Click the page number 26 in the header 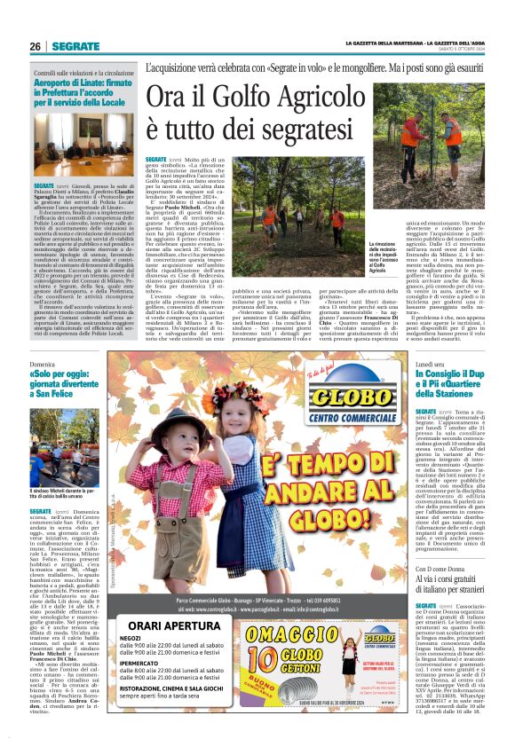pyautogui.click(x=36, y=46)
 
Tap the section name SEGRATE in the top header pyautogui.click(x=75, y=46)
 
